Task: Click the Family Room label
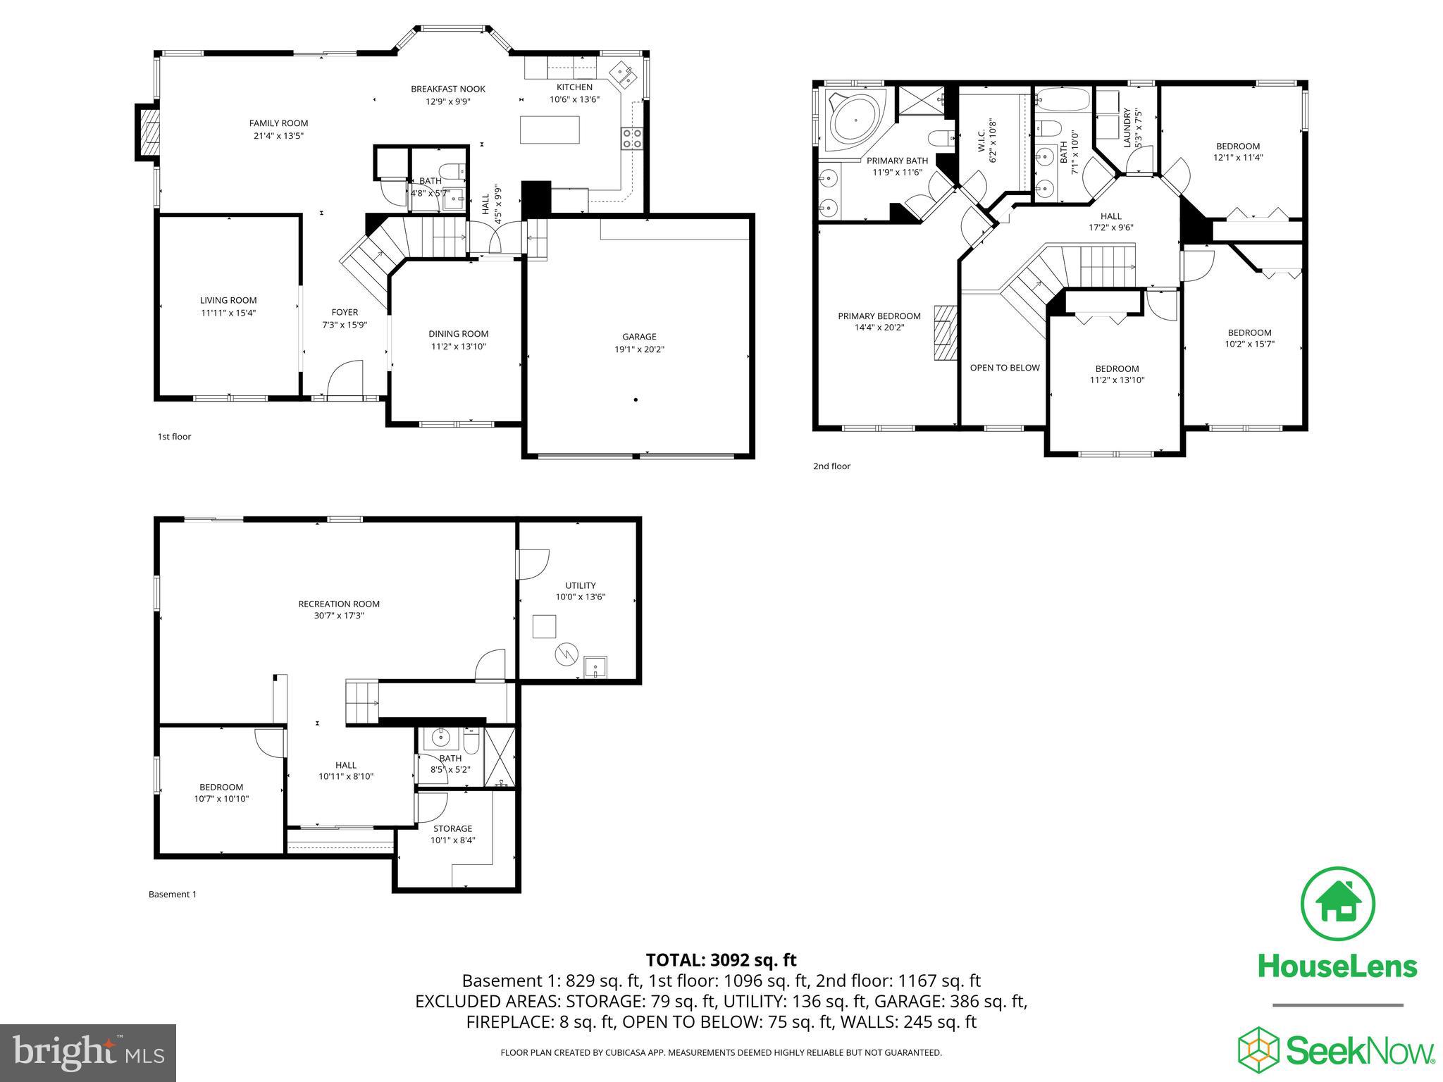pos(278,123)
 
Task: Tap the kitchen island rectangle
pos(550,130)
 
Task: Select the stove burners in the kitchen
pos(631,137)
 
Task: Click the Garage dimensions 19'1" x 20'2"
pos(638,349)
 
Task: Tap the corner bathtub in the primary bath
pos(855,120)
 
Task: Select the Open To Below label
pos(1004,368)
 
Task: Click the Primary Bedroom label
pos(879,316)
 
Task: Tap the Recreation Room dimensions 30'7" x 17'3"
pos(339,615)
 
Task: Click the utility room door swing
pos(533,564)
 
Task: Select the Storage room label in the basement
pos(452,828)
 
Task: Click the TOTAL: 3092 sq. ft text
pos(721,959)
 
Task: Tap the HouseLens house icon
pos(1337,904)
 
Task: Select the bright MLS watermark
pos(88,1053)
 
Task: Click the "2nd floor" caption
pos(831,466)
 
